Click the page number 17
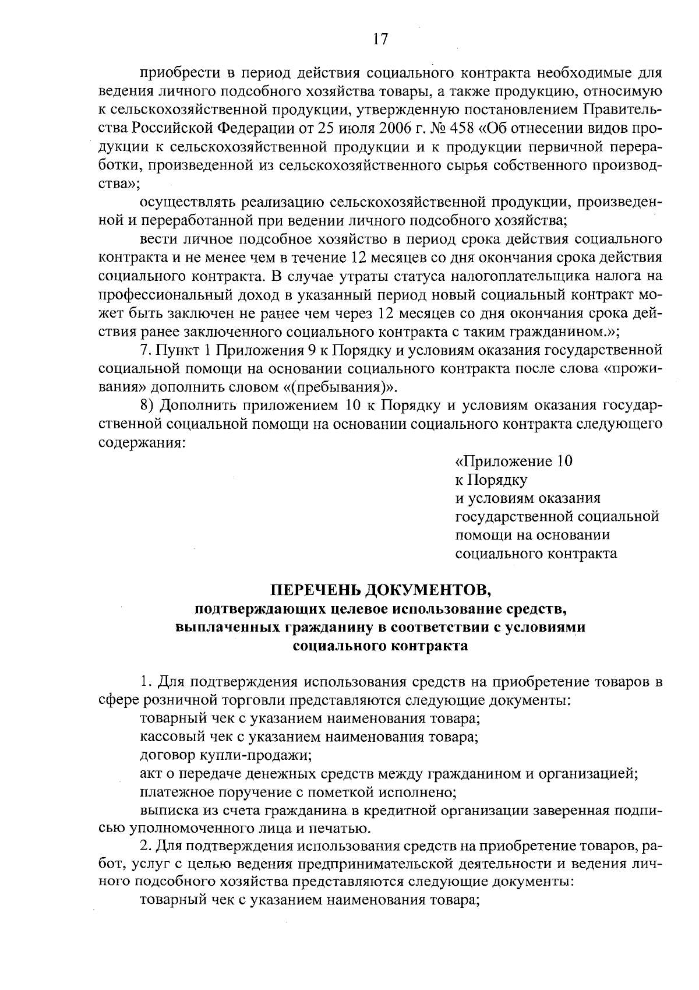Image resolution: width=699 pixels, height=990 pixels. (380, 39)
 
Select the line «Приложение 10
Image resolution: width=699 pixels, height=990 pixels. (513, 461)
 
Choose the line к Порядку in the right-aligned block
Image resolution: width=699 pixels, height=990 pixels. (490, 480)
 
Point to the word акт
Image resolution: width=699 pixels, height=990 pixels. (151, 774)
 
